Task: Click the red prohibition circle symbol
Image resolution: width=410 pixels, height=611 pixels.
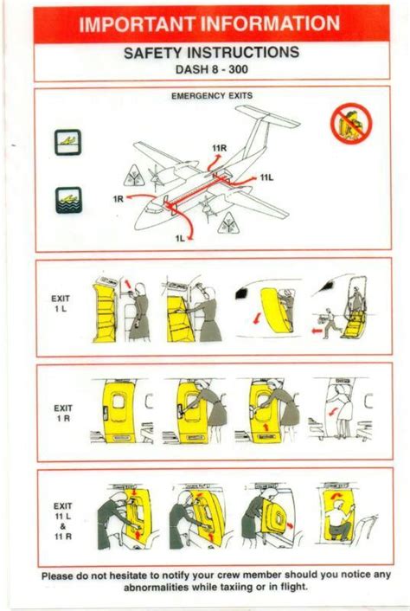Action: [350, 125]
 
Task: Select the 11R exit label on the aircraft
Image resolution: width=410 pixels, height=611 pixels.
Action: [218, 148]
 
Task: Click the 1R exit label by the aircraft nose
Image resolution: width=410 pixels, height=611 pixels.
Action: [119, 198]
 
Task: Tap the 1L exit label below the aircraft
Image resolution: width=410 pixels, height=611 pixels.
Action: [181, 237]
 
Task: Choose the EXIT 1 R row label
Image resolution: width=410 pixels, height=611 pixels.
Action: [61, 411]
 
